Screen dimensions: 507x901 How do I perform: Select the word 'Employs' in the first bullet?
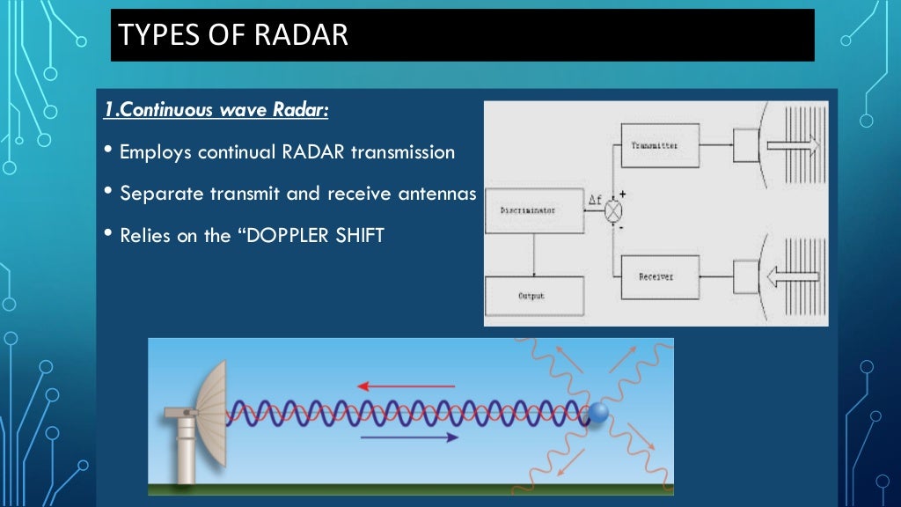156,152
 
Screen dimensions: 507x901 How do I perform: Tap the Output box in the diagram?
533,296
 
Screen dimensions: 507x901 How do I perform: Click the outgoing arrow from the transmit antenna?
792,144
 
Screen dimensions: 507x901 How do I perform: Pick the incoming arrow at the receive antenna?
792,276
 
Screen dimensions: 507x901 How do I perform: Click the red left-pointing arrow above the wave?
406,386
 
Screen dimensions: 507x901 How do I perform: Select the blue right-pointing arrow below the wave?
409,437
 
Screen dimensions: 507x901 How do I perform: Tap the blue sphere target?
599,412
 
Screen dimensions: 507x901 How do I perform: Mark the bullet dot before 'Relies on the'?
107,235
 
